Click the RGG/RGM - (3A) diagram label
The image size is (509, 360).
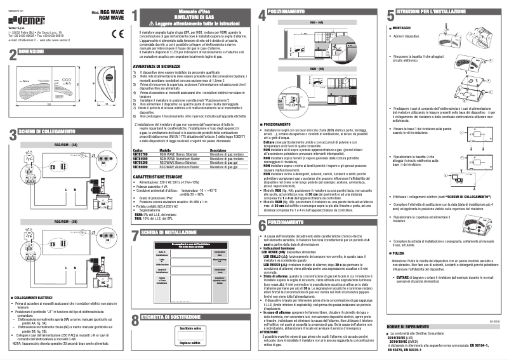point(65,145)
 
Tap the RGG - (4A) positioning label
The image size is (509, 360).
point(316,22)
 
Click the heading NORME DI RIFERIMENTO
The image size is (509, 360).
point(414,326)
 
